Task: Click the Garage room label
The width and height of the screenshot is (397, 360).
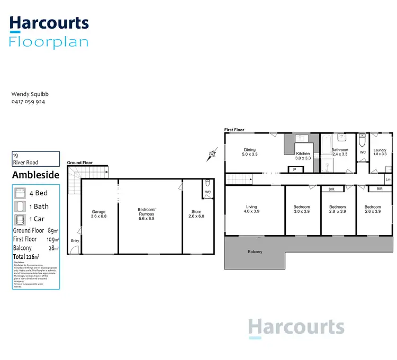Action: click(x=98, y=214)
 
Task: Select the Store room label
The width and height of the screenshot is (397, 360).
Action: click(x=196, y=214)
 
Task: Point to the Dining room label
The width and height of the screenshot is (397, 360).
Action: click(x=249, y=152)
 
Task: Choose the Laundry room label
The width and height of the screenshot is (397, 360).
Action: click(x=380, y=152)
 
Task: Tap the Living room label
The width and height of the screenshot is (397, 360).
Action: click(x=251, y=209)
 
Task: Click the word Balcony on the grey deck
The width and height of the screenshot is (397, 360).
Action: click(x=255, y=251)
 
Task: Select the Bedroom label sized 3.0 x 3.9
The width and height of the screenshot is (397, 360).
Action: click(x=301, y=209)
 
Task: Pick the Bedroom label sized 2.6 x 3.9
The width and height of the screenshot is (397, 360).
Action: click(x=373, y=209)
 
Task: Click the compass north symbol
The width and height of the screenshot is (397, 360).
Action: click(x=212, y=155)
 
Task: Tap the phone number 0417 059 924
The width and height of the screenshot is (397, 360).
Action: click(x=28, y=102)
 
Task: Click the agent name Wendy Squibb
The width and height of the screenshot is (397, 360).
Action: click(x=30, y=94)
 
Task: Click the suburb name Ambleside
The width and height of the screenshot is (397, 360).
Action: click(x=35, y=175)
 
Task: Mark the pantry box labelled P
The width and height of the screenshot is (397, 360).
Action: click(x=295, y=169)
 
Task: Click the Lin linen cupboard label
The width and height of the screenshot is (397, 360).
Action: click(x=388, y=180)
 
